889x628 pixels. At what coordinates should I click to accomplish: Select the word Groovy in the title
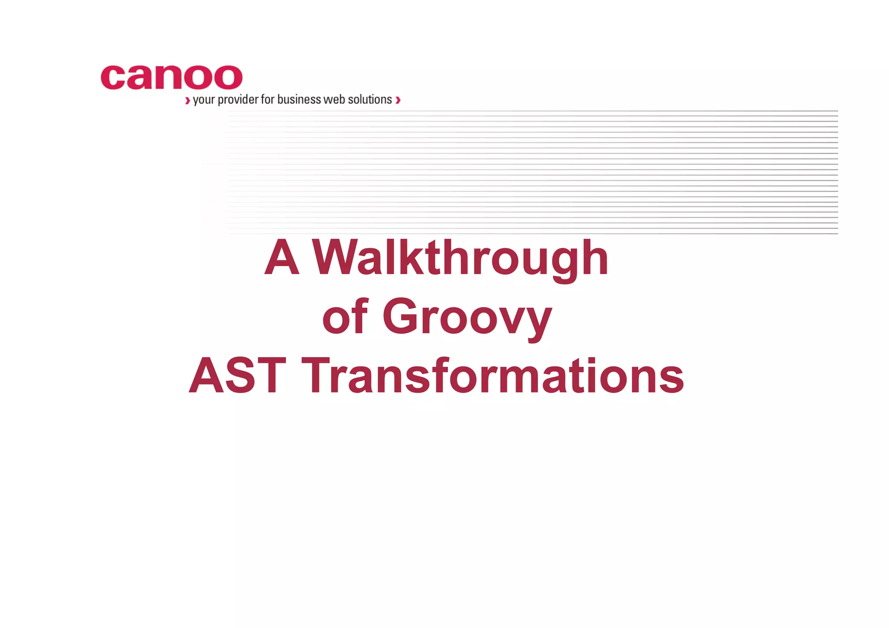467,318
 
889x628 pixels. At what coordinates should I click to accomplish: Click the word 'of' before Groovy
345,318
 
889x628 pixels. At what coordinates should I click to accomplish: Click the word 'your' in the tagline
204,100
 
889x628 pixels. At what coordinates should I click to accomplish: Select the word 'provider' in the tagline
238,100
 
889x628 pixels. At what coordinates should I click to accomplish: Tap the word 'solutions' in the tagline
370,100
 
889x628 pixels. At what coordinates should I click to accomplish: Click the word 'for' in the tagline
267,100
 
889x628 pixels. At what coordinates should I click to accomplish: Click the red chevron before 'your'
188,101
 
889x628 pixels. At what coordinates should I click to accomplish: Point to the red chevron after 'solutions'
398,101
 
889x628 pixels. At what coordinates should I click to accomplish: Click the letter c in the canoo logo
112,78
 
